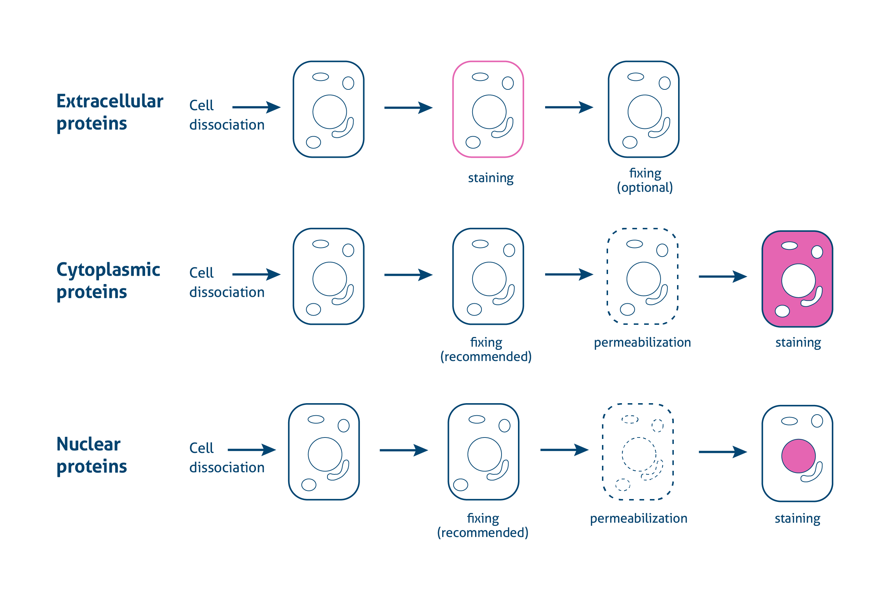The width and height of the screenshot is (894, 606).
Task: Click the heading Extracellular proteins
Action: point(110,112)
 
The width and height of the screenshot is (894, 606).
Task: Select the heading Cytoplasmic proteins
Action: point(108,281)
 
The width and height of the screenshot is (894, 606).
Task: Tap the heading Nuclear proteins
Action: point(92,455)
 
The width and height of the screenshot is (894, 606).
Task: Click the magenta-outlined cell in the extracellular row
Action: point(488,109)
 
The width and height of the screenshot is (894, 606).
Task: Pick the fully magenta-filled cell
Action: point(797,279)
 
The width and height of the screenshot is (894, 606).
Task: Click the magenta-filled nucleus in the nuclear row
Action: point(798,456)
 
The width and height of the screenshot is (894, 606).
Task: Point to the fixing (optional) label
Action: point(645,180)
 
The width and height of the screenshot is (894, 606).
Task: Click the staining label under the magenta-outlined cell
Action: point(490,178)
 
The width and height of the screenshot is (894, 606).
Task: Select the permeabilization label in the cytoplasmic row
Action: point(642,342)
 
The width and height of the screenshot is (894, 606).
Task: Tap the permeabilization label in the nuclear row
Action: point(638,518)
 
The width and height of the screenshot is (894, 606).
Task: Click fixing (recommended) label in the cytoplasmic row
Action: point(486,349)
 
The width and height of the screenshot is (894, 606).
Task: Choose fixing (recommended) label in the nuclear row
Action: point(483,525)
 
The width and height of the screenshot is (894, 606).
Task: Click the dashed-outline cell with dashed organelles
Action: point(638,451)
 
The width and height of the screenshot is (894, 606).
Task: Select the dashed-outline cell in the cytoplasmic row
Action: point(642,277)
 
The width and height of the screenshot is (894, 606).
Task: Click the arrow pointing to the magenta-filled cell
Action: point(723,277)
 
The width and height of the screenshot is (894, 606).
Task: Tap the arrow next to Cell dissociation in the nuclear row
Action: point(252,450)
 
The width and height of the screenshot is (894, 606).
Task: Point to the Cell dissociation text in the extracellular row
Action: point(227,115)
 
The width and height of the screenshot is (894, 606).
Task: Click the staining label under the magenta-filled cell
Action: point(798,342)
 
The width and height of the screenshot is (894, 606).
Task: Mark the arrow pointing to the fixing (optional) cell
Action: point(569,107)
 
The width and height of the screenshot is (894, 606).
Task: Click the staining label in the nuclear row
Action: point(797,518)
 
